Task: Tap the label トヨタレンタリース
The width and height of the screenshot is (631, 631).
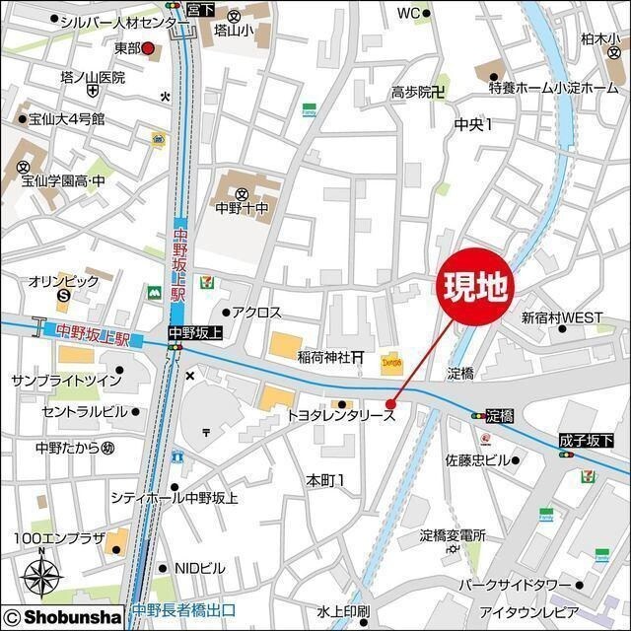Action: pyautogui.click(x=340, y=417)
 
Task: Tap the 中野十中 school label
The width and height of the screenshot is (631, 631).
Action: pyautogui.click(x=242, y=209)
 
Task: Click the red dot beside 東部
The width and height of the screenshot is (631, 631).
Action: pyautogui.click(x=148, y=47)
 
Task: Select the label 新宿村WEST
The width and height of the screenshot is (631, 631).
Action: pyautogui.click(x=562, y=317)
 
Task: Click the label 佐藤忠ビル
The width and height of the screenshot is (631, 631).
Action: pyautogui.click(x=476, y=460)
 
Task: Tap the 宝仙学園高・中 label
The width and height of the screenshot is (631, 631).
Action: pyautogui.click(x=64, y=181)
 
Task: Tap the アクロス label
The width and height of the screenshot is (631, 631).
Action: pyautogui.click(x=257, y=313)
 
